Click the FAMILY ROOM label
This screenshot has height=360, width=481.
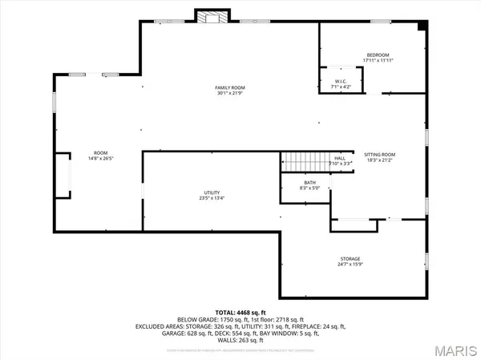229,87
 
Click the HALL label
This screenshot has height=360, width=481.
340,158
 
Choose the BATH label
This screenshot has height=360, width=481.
309,182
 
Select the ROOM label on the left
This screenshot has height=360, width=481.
100,152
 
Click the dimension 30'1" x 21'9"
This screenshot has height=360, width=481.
229,94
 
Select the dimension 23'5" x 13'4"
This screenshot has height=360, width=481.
212,199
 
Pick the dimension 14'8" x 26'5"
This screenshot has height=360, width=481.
100,158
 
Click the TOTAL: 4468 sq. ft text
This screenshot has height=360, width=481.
240,311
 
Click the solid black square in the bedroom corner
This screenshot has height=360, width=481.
422,26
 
